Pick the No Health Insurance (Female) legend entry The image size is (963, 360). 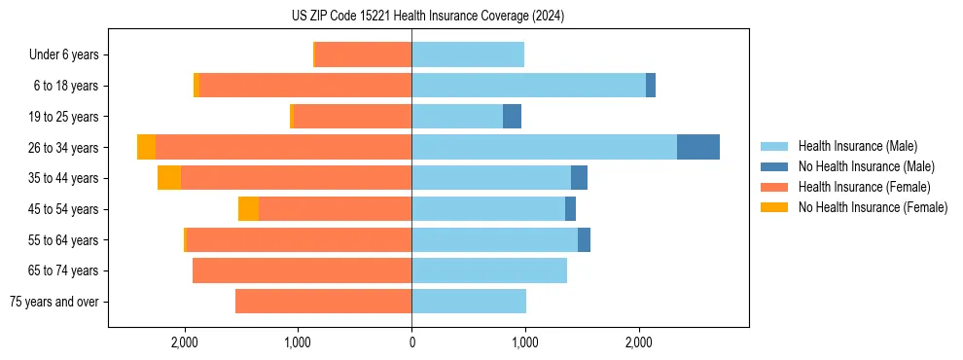873,207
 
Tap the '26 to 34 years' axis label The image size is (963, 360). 65,148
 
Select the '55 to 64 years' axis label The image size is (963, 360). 65,240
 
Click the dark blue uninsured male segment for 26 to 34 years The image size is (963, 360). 697,147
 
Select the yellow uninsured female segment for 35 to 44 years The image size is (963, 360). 169,178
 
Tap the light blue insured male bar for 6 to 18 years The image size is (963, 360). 528,86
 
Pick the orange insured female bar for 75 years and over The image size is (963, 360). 323,302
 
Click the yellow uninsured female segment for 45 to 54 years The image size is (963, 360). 248,209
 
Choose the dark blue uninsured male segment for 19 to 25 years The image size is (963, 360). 512,117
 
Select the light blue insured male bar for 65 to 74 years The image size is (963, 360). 488,270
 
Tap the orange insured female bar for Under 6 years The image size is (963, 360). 363,54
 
